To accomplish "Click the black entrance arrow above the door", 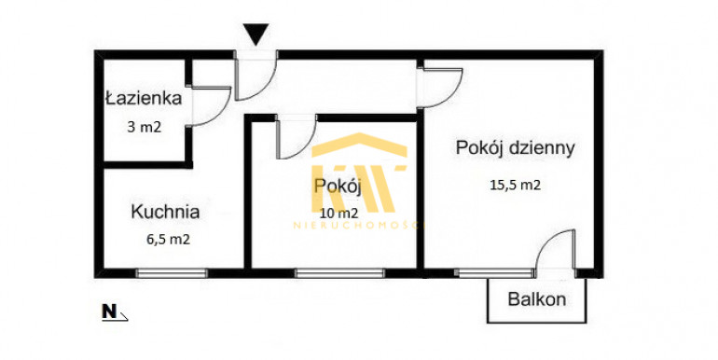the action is pos(255,35).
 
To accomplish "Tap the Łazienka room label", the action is pos(144,98).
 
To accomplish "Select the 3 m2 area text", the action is pos(145,127).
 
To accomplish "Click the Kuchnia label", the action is pos(165,212).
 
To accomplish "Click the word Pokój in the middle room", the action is pos(338,187).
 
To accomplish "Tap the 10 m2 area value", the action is pos(339,213).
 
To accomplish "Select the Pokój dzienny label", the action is pos(515,148).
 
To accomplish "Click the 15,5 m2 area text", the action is pos(516,185).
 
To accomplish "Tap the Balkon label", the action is pos(537,299).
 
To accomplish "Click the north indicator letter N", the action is pos(109,312).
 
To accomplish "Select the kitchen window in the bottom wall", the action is pos(172,273).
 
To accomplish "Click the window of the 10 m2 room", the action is pos(339,273).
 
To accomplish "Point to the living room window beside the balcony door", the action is pos(495,273).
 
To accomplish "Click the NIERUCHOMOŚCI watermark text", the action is pos(359,225).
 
